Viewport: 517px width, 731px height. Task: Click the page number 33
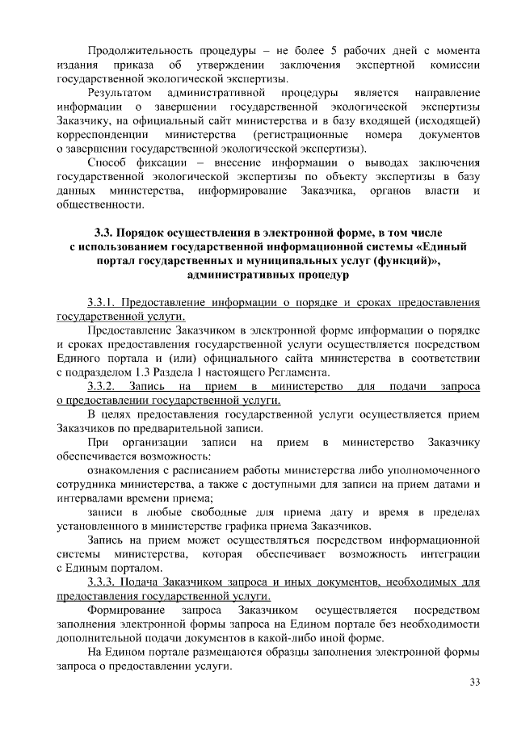tap(475, 683)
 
